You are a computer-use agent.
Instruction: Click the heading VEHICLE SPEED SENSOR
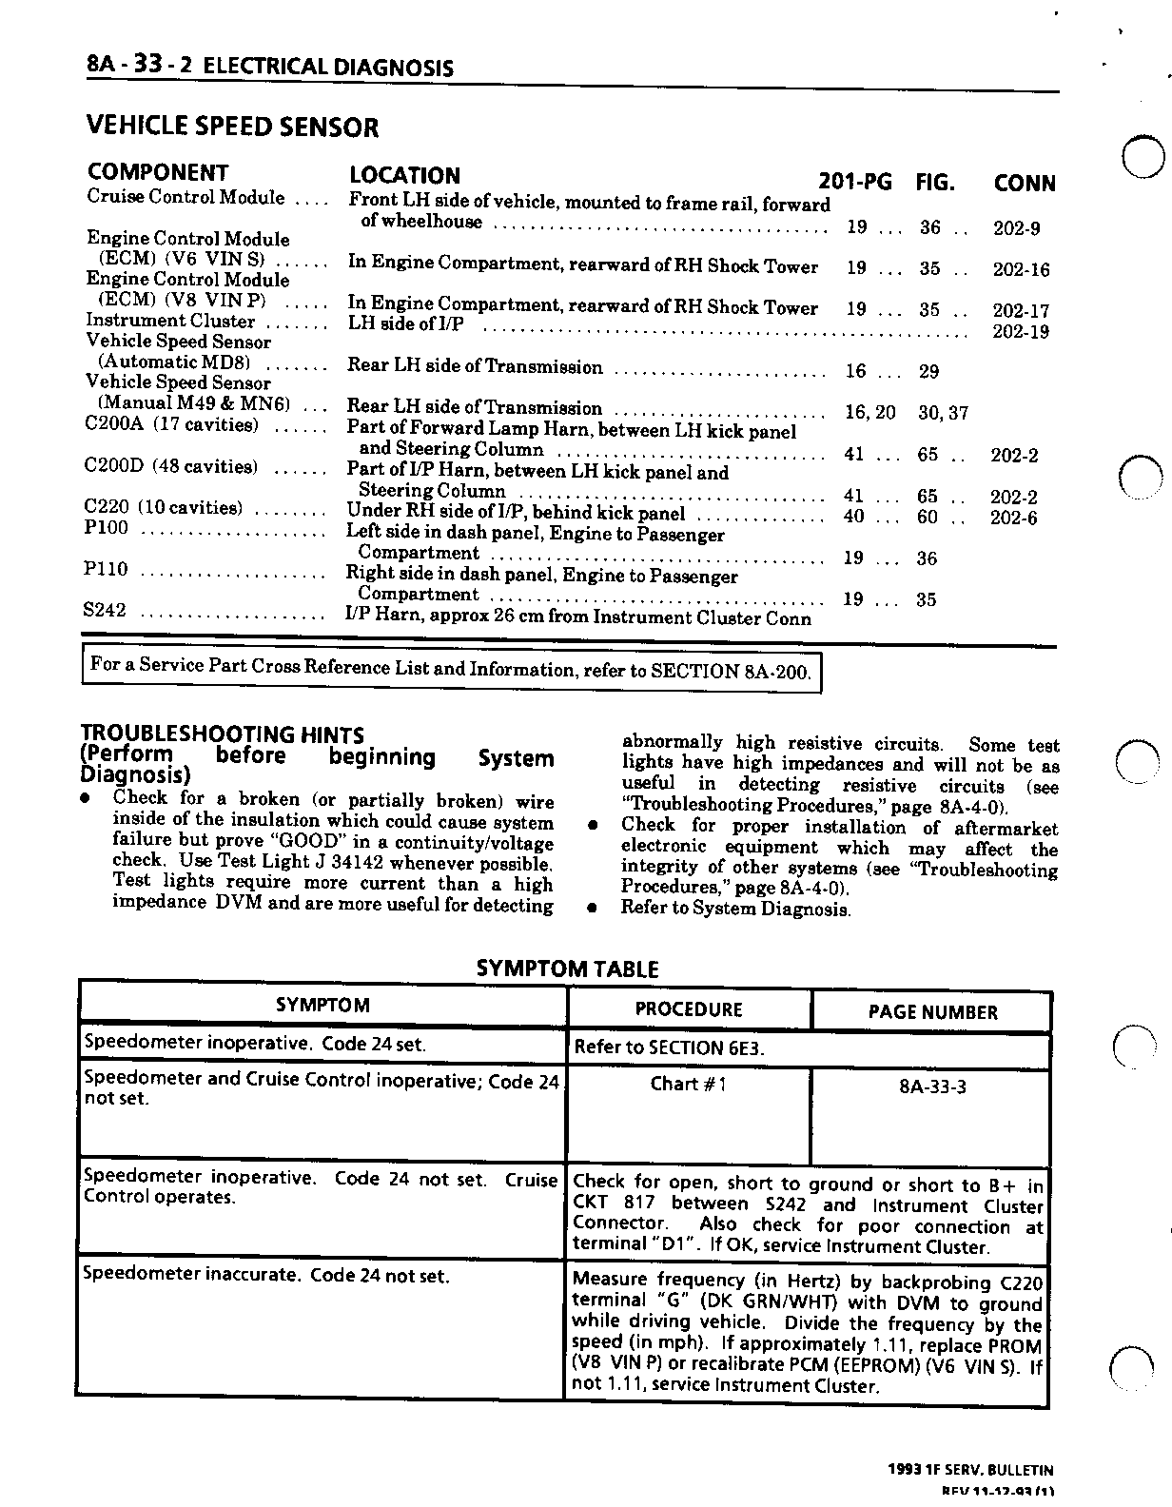click(232, 127)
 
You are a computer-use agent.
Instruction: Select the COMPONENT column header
click(158, 172)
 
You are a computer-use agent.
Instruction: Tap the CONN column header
click(1024, 183)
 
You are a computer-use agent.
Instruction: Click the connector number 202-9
click(1016, 228)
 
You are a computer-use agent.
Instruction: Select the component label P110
click(105, 569)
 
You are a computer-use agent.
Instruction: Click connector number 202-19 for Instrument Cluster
click(1020, 331)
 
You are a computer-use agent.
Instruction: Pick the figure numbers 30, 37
click(943, 413)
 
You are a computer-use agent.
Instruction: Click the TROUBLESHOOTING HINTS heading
click(222, 734)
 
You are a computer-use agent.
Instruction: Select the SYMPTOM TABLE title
click(567, 969)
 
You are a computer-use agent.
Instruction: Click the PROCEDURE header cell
click(688, 1009)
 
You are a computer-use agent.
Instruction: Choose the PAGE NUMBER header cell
click(932, 1012)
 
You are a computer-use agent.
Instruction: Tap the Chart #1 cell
click(688, 1084)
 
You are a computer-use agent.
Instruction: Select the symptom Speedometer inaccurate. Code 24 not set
click(266, 1276)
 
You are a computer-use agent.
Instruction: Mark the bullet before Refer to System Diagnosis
click(592, 909)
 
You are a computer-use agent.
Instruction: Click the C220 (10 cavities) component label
click(164, 508)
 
